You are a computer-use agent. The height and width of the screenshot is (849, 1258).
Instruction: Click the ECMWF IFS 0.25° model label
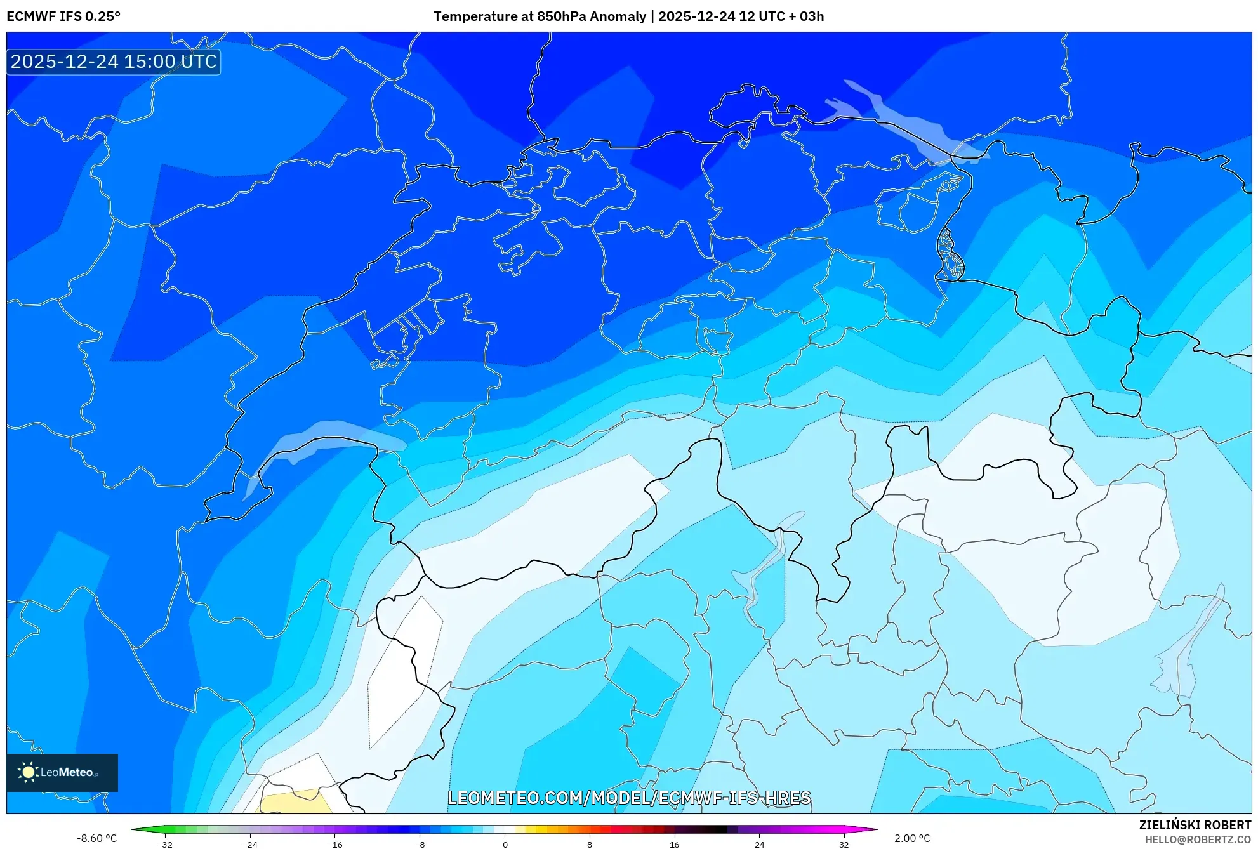[63, 16]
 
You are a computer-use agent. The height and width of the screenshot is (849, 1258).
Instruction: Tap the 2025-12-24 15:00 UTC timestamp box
[114, 62]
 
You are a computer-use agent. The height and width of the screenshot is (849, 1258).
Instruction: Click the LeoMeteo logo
[62, 772]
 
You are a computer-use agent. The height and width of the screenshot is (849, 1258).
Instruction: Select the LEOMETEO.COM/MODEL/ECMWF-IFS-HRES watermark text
[629, 798]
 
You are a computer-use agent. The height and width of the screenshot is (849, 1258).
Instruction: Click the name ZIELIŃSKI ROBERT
[1195, 825]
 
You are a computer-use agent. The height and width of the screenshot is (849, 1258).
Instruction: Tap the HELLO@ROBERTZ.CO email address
[1197, 839]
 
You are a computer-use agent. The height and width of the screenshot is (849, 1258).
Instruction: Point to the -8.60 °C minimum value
[96, 838]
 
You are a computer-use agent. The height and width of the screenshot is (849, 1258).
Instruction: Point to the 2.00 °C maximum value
[912, 838]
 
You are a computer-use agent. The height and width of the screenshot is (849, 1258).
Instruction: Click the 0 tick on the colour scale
[505, 844]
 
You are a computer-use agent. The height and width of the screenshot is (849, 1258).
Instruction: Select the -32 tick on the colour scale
[165, 844]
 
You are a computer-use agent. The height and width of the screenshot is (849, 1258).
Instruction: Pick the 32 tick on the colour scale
[844, 844]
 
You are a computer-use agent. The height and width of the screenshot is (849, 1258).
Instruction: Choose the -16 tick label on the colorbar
[334, 844]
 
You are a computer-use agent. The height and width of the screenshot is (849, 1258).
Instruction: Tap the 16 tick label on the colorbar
[674, 844]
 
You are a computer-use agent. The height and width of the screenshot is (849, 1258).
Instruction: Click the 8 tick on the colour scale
[590, 844]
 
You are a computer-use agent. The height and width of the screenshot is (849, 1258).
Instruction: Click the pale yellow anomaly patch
[295, 803]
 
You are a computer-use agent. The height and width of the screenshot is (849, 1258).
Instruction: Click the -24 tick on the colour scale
[250, 844]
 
